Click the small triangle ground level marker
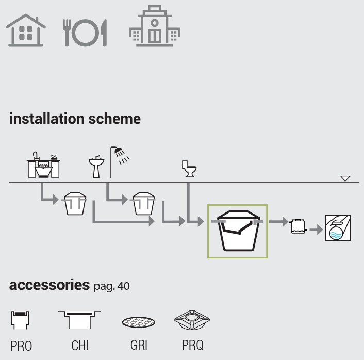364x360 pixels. click(x=345, y=178)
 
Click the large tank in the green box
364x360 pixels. click(x=237, y=231)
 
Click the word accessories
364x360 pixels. click(x=49, y=286)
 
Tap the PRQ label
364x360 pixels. click(x=191, y=345)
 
